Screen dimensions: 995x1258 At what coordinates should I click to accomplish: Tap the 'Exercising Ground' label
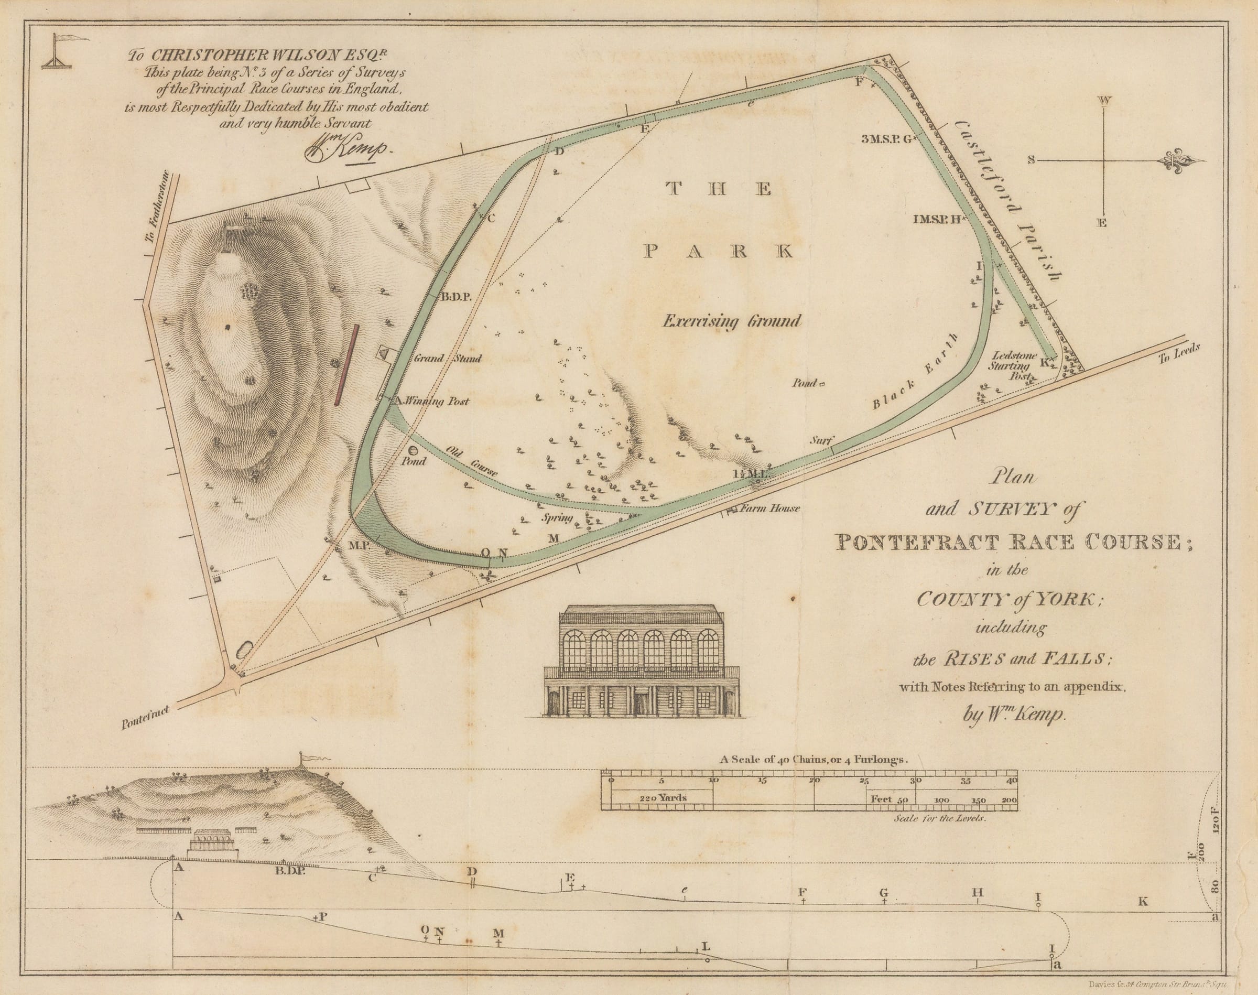(x=732, y=321)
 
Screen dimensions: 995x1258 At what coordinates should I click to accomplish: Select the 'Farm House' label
(x=769, y=508)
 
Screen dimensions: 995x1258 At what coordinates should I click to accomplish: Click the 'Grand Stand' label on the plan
(x=447, y=359)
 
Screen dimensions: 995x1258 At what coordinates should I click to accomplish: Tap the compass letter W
(x=1104, y=101)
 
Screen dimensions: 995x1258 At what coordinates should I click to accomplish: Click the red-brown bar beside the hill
(x=345, y=365)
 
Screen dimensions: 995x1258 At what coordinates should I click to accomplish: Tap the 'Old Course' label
(x=471, y=461)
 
